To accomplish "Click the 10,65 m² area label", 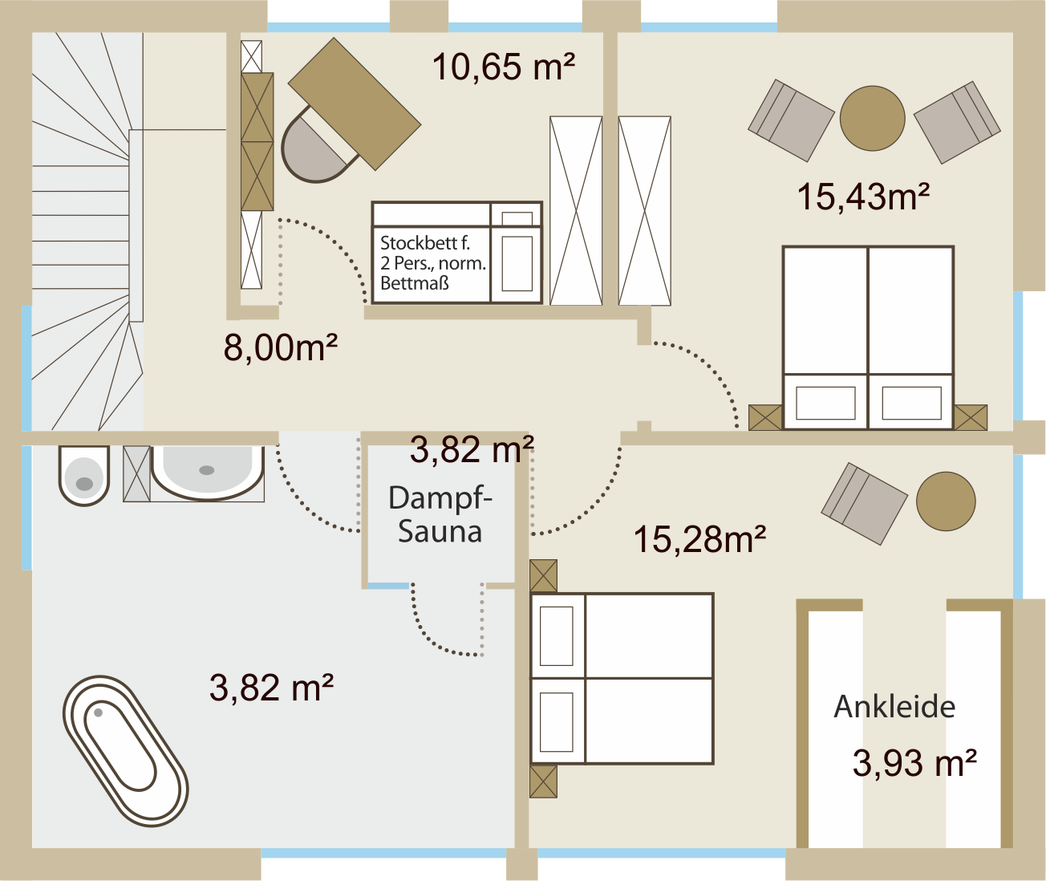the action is tap(503, 67).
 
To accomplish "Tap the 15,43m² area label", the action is tap(863, 197).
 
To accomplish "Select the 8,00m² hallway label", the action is tap(281, 347).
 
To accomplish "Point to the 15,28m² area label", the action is tap(699, 539).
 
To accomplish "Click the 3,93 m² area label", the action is tap(914, 763).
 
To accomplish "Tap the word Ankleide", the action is tap(894, 707).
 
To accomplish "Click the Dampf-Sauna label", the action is tap(440, 514).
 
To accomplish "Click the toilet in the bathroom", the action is tap(83, 475).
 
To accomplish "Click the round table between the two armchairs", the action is tap(872, 118).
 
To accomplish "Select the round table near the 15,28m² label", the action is tap(946, 501).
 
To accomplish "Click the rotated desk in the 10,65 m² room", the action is tap(355, 104).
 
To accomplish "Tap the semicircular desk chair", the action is tap(315, 148).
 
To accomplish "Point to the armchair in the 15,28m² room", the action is tap(864, 504).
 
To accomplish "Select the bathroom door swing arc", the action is tap(306, 506).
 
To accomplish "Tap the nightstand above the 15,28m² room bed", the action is tap(544, 576).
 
